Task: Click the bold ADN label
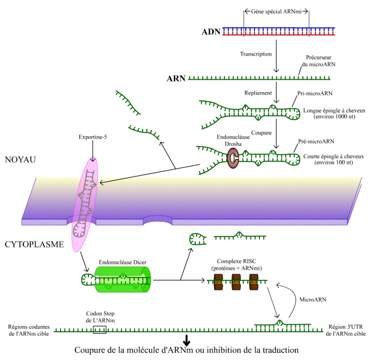(210, 32)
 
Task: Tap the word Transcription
(256, 54)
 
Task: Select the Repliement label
(257, 93)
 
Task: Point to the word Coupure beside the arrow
(262, 133)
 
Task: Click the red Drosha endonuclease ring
(232, 158)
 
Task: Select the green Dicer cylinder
(122, 280)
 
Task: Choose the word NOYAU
(21, 160)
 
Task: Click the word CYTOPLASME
(34, 244)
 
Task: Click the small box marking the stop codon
(100, 330)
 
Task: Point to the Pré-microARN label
(316, 141)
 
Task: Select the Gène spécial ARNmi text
(276, 11)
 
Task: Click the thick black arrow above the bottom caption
(186, 340)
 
